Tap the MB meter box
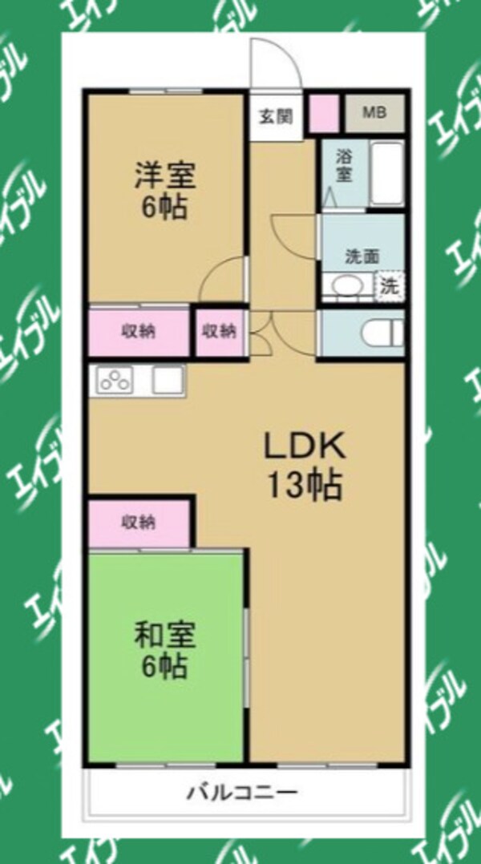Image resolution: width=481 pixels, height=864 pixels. coord(374,113)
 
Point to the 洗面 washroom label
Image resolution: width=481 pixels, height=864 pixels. coord(362,256)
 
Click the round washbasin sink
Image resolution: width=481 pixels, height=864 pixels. coord(346,286)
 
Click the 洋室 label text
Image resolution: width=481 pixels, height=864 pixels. coord(164,174)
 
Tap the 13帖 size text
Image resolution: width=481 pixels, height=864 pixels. coord(305,484)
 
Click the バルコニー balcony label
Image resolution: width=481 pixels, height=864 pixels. coord(243,793)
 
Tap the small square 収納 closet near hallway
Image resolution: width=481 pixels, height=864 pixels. coord(219,331)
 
